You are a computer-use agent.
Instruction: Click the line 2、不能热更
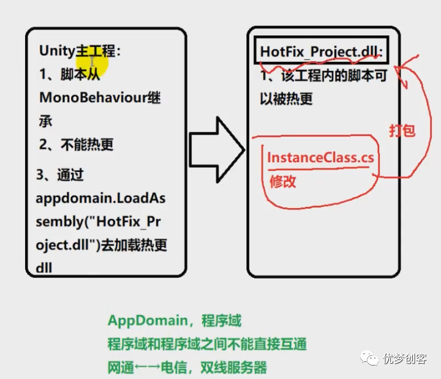(76, 145)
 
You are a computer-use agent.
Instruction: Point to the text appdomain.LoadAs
(100, 198)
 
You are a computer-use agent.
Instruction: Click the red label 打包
(402, 130)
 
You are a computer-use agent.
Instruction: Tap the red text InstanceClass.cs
(320, 157)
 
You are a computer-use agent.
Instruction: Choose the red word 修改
(283, 181)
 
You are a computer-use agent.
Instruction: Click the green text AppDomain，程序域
(175, 321)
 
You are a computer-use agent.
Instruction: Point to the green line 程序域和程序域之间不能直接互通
(207, 344)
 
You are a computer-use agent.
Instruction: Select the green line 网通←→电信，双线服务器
(187, 367)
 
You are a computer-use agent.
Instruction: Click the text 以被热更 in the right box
(286, 98)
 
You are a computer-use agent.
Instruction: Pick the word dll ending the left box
(44, 268)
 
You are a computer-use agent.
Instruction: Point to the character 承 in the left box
(46, 121)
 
